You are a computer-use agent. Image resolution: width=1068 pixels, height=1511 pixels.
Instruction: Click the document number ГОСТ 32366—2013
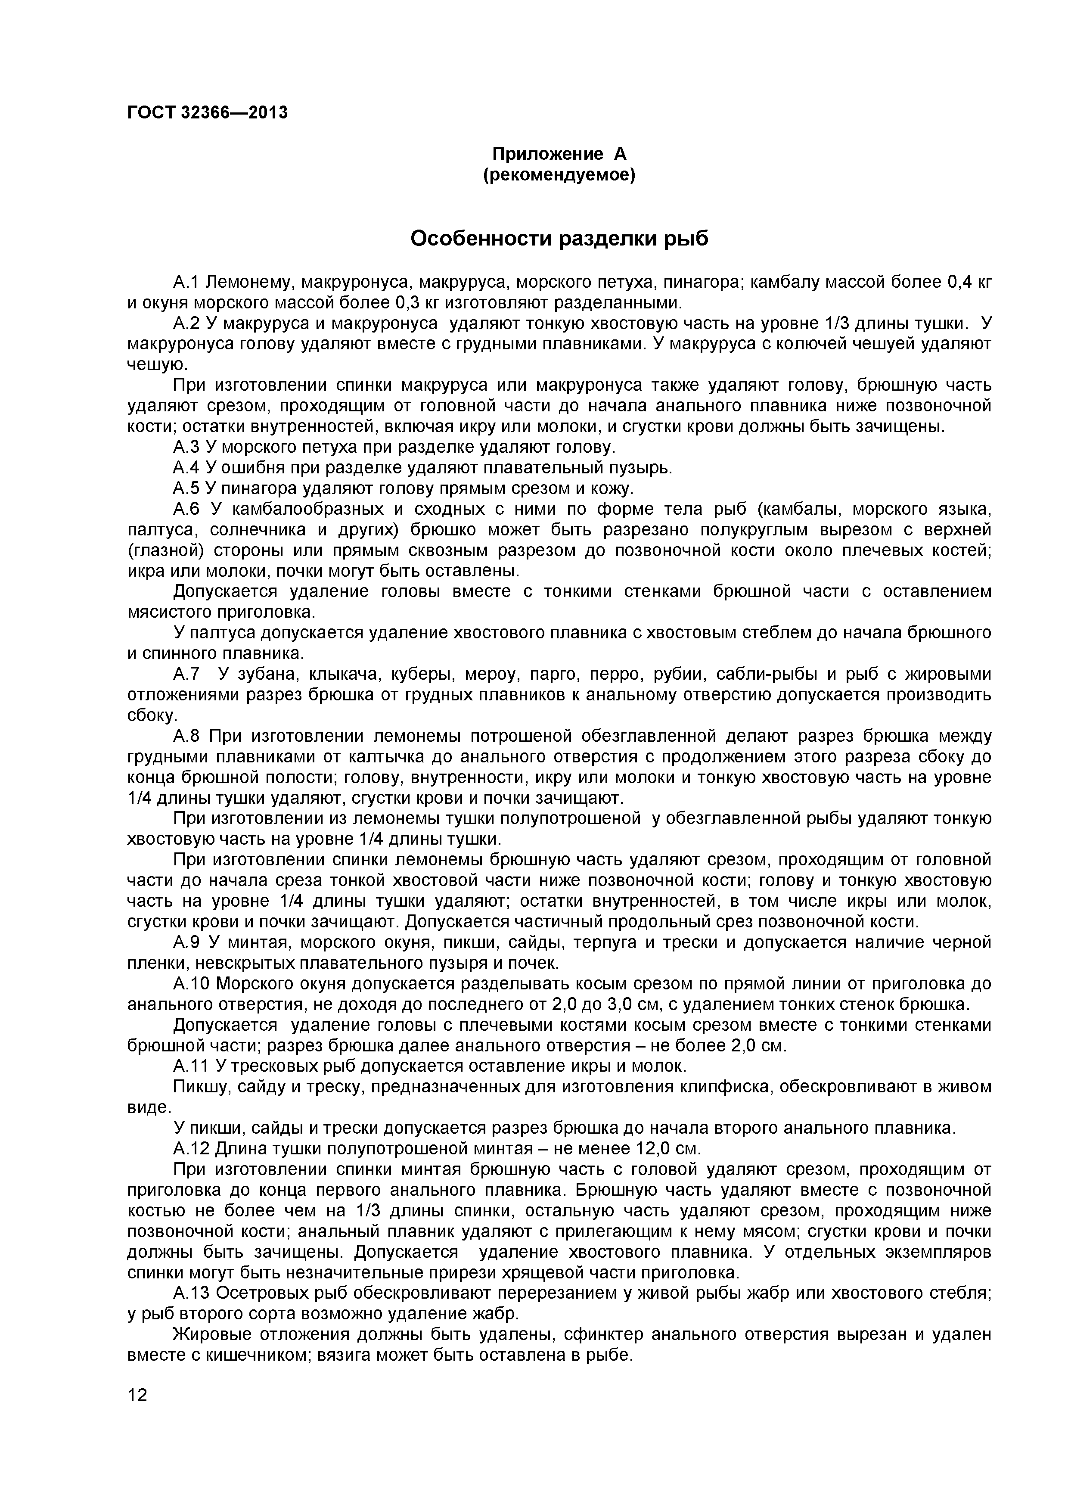coord(207,113)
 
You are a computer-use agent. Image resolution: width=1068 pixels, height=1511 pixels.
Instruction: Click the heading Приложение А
coord(559,154)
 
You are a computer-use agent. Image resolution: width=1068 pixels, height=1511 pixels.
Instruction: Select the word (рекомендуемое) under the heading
coord(559,176)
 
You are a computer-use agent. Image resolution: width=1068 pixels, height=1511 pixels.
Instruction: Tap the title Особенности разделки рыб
coord(559,238)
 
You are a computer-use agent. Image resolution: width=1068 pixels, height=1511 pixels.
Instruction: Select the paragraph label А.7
coord(186,675)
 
